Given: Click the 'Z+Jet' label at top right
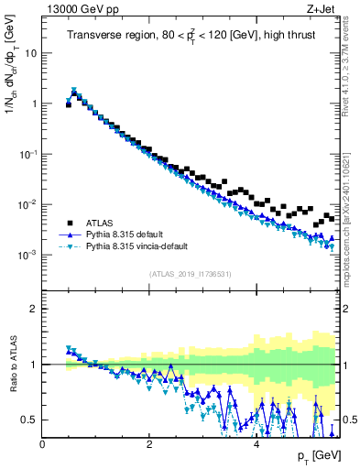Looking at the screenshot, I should tap(323, 9).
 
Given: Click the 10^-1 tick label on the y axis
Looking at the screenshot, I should tap(28, 154).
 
